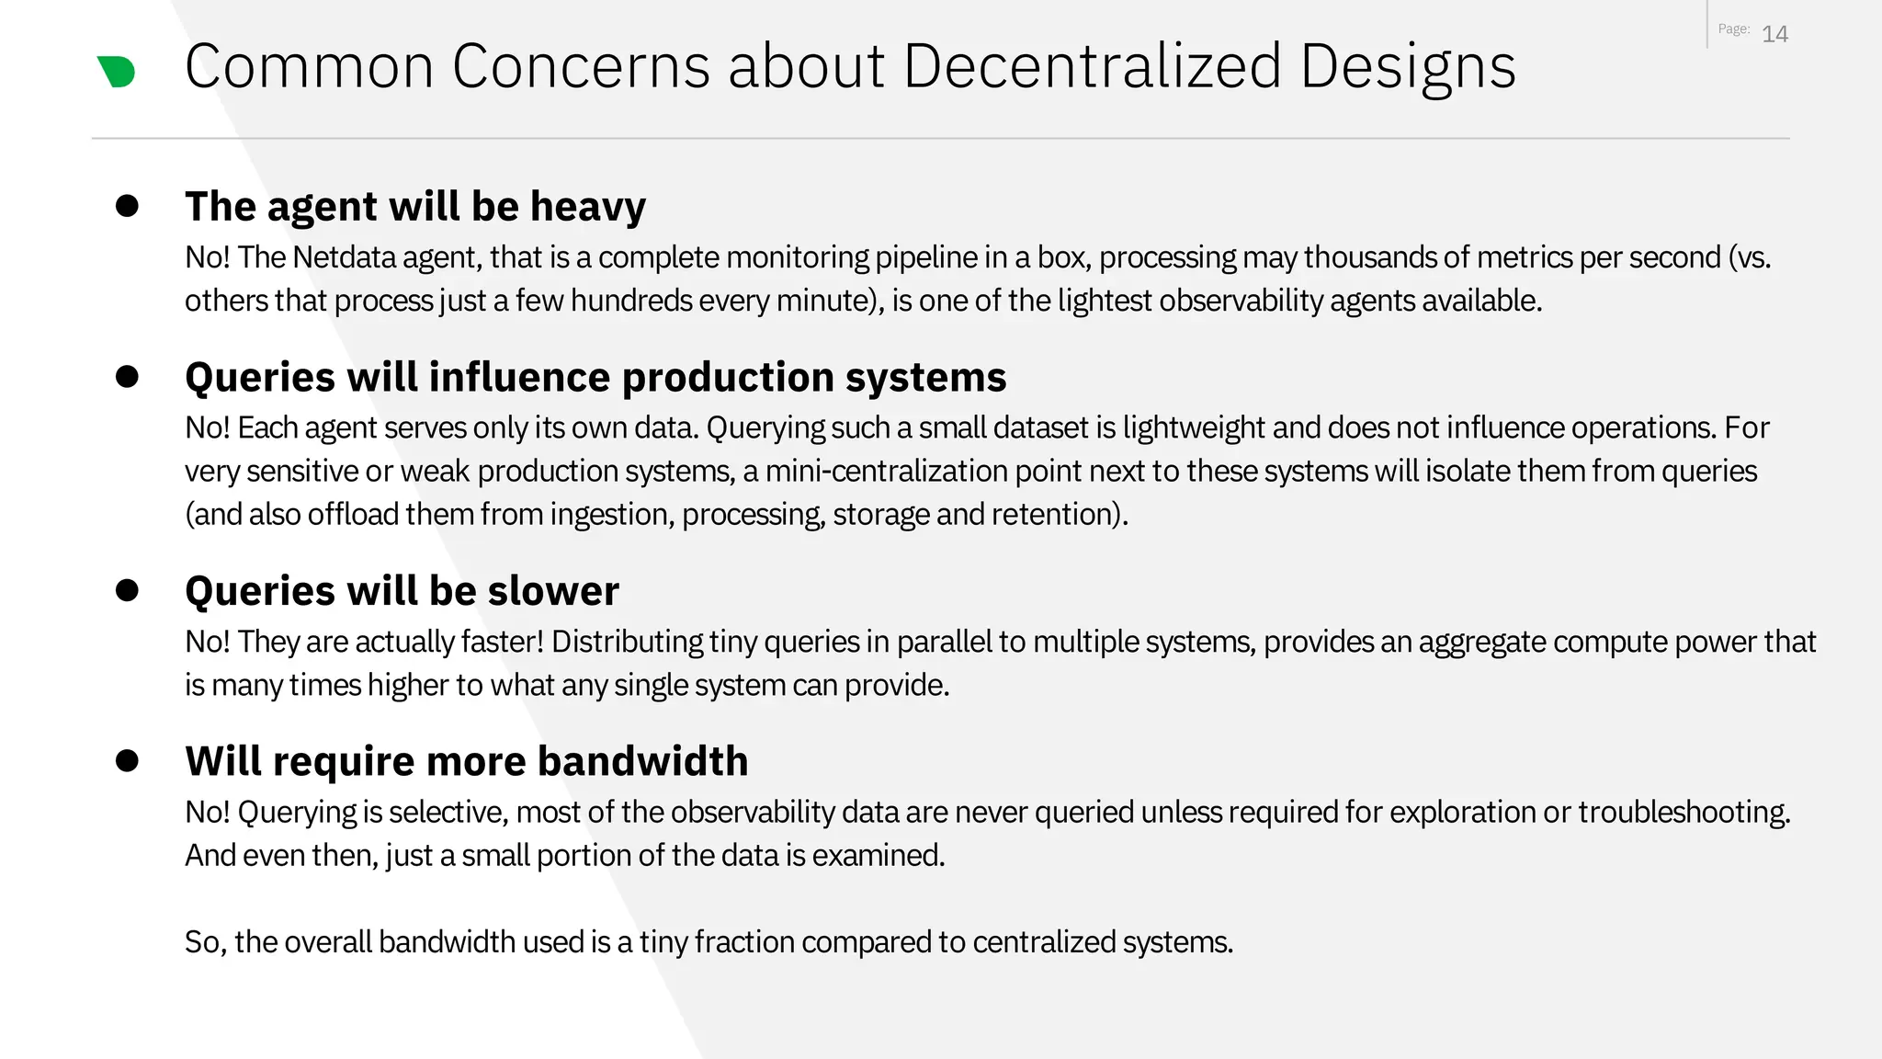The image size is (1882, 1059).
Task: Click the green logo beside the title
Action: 117,72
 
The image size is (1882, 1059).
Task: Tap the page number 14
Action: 1774,34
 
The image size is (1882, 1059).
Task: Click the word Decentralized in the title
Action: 1092,66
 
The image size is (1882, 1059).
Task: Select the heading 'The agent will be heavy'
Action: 415,206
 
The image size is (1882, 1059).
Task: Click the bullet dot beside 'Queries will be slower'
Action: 127,589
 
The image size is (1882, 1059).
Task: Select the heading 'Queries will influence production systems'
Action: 595,377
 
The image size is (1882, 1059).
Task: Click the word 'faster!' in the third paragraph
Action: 503,642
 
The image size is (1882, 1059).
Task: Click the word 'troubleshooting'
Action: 1684,813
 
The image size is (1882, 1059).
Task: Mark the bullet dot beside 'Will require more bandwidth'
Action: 127,760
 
